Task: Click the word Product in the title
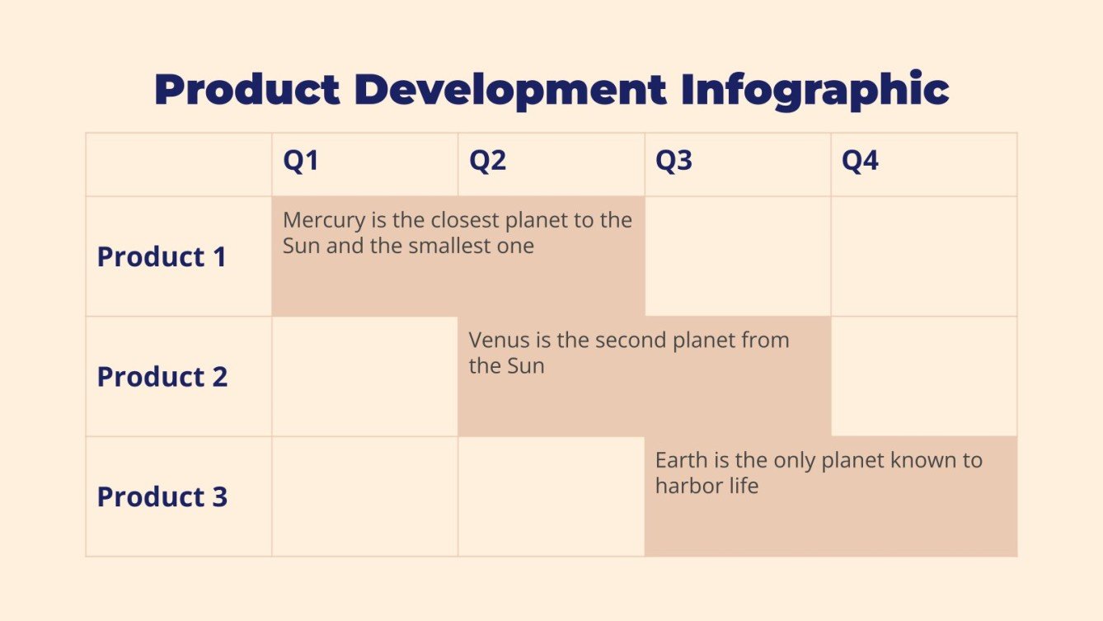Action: click(x=246, y=90)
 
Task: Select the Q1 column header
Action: click(x=301, y=162)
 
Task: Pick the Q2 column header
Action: click(x=487, y=162)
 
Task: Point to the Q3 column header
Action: click(x=674, y=162)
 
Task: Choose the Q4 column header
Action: click(x=860, y=162)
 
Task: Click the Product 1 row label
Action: click(x=162, y=257)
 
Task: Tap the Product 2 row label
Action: click(x=162, y=377)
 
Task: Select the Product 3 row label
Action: click(x=162, y=497)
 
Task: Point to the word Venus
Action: click(x=498, y=341)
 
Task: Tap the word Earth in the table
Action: click(x=680, y=460)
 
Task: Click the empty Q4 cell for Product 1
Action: click(x=923, y=256)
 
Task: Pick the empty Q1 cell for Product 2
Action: click(x=364, y=377)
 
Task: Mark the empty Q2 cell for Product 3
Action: click(x=551, y=496)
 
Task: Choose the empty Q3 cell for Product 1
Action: click(x=737, y=256)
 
